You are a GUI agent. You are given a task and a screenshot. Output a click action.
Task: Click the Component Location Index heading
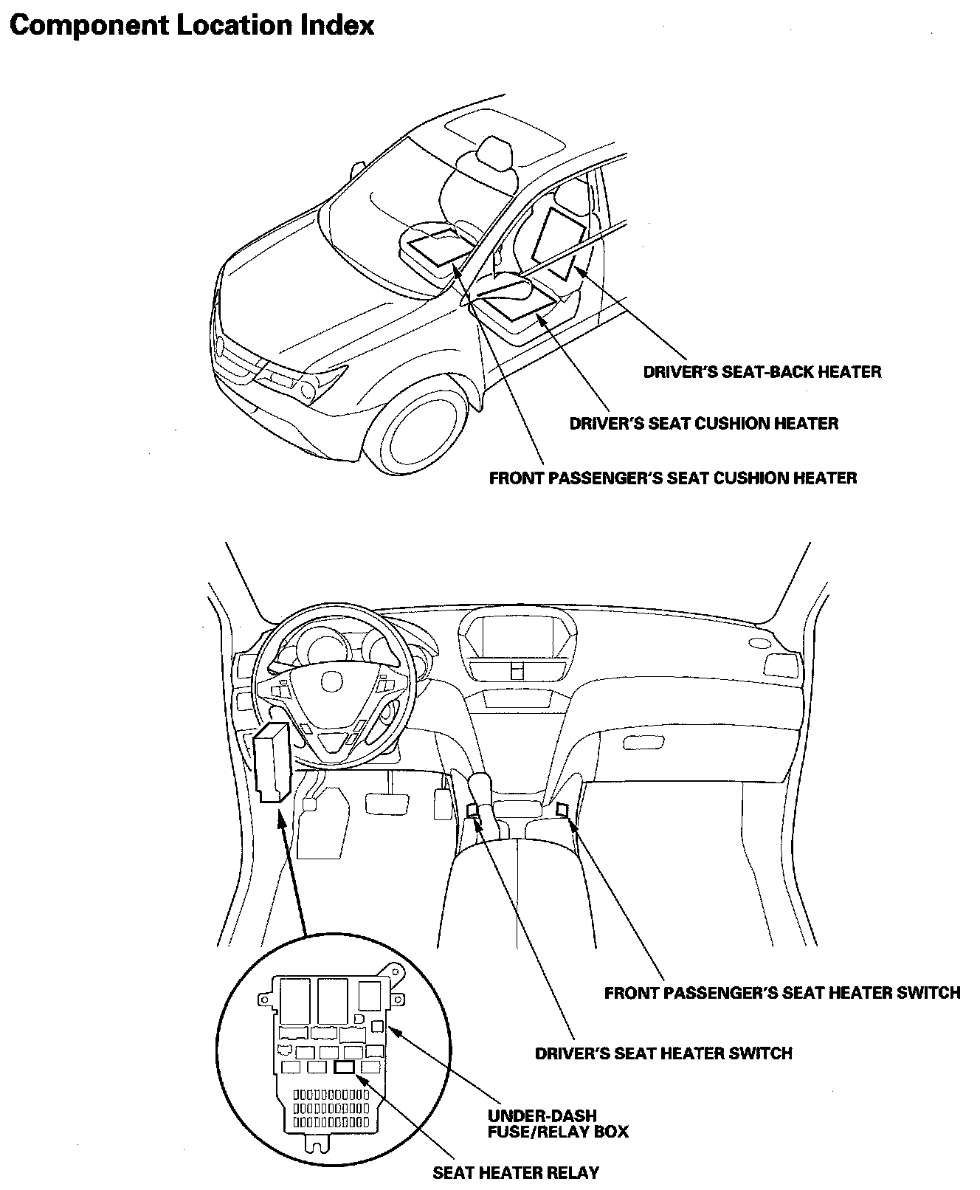click(192, 26)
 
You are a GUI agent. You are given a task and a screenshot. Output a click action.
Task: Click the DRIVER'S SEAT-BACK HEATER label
click(762, 371)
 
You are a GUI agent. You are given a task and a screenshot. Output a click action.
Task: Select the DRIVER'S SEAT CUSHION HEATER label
click(703, 424)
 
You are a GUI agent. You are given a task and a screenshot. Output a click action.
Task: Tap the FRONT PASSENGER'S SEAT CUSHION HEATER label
click(672, 478)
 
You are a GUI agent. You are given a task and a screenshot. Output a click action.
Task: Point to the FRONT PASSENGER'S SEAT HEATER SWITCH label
click(781, 993)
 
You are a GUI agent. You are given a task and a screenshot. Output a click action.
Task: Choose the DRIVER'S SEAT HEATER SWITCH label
click(663, 1053)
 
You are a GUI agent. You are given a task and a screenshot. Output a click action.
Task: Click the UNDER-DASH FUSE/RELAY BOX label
click(558, 1123)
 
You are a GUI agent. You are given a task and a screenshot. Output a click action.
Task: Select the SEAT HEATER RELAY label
click(515, 1172)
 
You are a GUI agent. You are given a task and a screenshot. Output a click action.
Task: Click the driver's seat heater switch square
click(473, 811)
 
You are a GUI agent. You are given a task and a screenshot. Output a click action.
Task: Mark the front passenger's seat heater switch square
click(562, 810)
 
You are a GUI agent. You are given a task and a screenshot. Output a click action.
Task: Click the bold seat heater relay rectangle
click(345, 1067)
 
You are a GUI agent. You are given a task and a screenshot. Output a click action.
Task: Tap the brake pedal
click(387, 802)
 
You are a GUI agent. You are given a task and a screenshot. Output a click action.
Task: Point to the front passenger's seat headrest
click(494, 152)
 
